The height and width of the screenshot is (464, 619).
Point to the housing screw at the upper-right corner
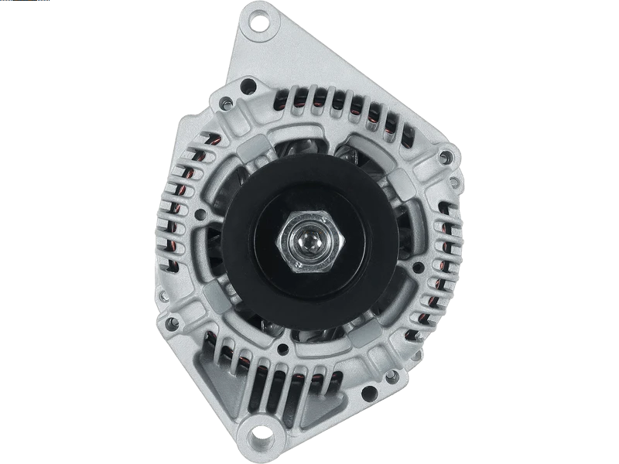pyautogui.click(x=443, y=158)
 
